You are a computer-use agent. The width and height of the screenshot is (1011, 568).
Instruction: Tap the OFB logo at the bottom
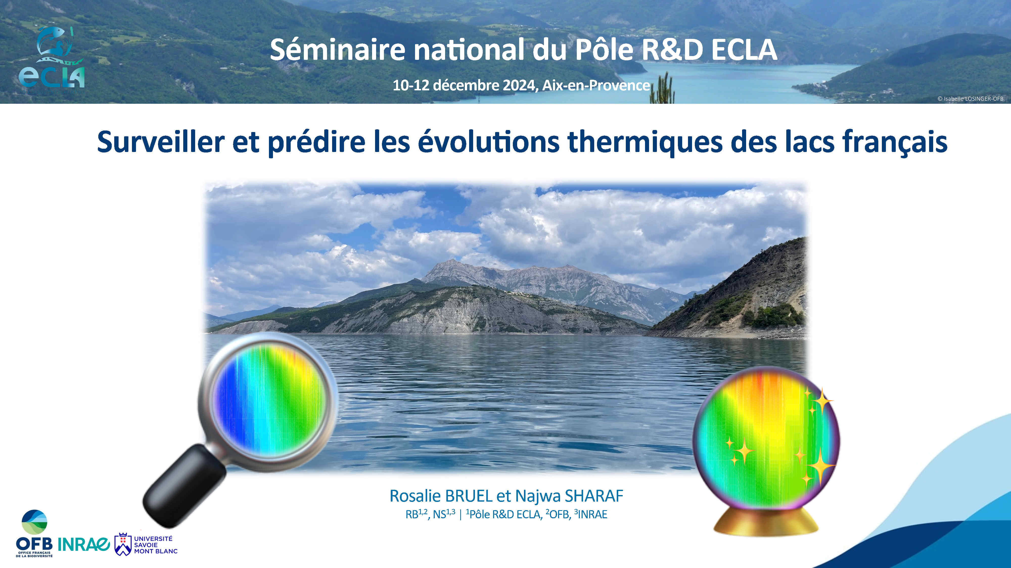(x=34, y=533)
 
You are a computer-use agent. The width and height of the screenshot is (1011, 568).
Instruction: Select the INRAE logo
(x=84, y=544)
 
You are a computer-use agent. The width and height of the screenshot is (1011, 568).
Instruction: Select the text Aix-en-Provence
(x=596, y=86)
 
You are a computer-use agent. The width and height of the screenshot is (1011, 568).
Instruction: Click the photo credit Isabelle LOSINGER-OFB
(x=973, y=99)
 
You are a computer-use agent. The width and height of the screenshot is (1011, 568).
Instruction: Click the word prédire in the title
(x=317, y=143)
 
